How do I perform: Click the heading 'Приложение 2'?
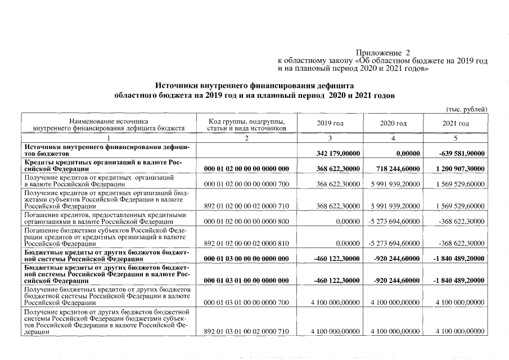(383, 52)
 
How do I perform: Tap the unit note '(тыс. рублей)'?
(466, 109)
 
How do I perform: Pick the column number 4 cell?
(393, 138)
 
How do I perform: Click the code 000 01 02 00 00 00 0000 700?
(246, 184)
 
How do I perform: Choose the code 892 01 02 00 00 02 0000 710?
(246, 206)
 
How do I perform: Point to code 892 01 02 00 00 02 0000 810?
(246, 243)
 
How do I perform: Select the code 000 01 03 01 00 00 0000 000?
(246, 280)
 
